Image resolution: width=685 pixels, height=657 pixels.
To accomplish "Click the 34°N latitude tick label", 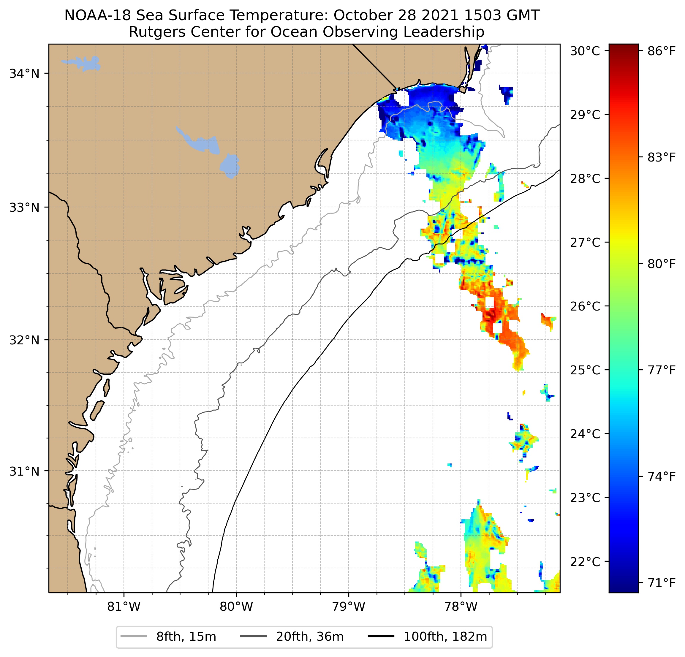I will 24,74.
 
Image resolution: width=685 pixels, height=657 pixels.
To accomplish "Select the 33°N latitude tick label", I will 24,208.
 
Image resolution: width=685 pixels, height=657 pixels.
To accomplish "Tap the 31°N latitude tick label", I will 24,471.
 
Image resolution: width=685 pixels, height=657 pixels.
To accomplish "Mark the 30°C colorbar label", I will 585,51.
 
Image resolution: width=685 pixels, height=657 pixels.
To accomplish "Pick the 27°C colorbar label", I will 585,242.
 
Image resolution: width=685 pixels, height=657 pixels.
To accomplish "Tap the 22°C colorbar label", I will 585,562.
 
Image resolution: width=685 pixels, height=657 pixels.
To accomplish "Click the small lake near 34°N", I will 83,63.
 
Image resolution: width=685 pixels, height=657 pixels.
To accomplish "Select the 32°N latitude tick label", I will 24,340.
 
